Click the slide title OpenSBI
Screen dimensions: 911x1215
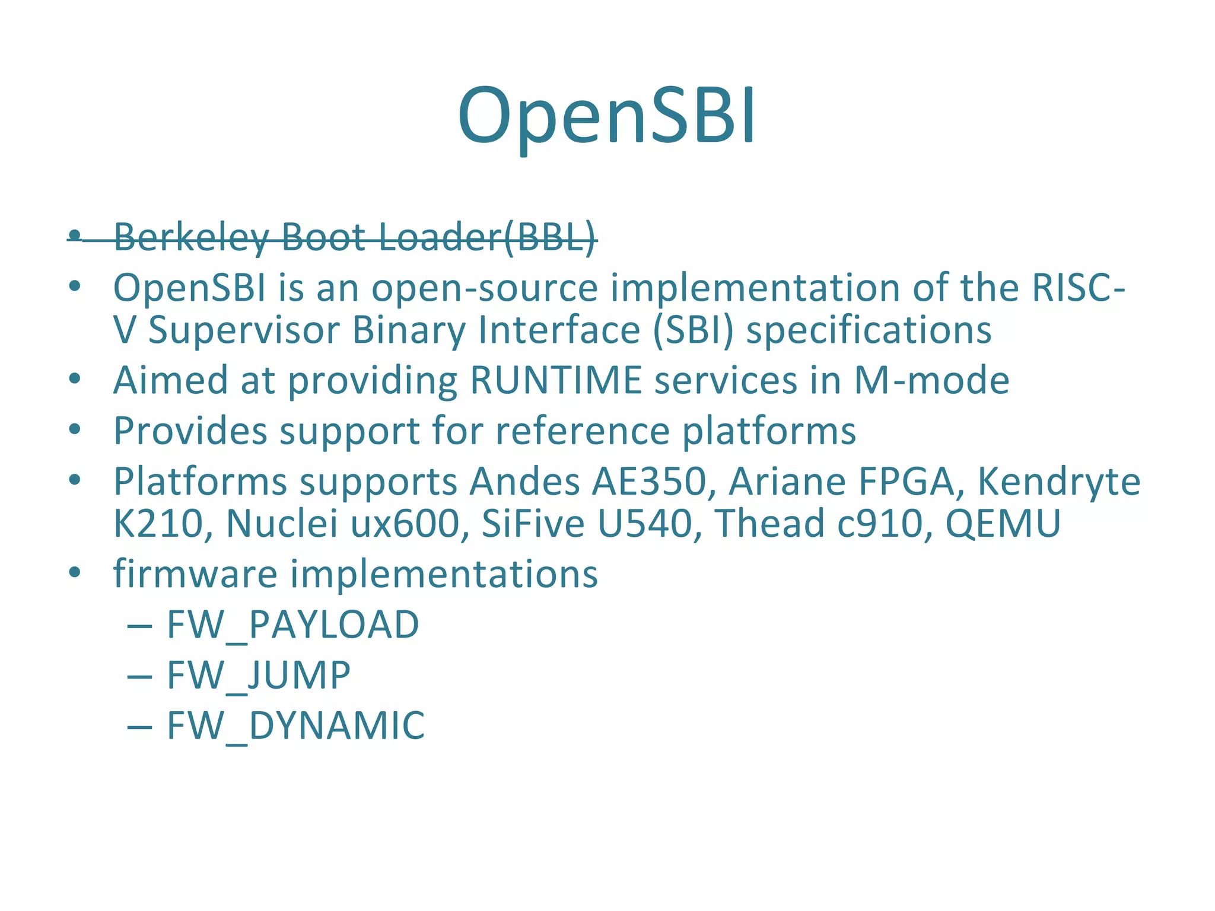pyautogui.click(x=606, y=116)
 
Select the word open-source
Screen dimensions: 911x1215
pyautogui.click(x=485, y=288)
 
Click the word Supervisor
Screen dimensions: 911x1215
pyautogui.click(x=243, y=330)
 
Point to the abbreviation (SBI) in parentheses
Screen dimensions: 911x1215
pyautogui.click(x=693, y=330)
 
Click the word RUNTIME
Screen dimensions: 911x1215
pyautogui.click(x=556, y=380)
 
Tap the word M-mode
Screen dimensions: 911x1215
pyautogui.click(x=931, y=380)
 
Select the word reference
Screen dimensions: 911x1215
pyautogui.click(x=583, y=431)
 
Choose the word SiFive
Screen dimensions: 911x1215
pyautogui.click(x=533, y=524)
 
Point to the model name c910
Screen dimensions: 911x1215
pyautogui.click(x=877, y=524)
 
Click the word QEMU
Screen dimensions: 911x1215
pyautogui.click(x=1003, y=524)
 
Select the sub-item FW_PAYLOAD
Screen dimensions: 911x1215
pyautogui.click(x=292, y=625)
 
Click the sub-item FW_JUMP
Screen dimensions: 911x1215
pyautogui.click(x=259, y=675)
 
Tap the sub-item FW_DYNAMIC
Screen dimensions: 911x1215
pyautogui.click(x=295, y=725)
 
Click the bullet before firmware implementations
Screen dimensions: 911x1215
pyautogui.click(x=74, y=574)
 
